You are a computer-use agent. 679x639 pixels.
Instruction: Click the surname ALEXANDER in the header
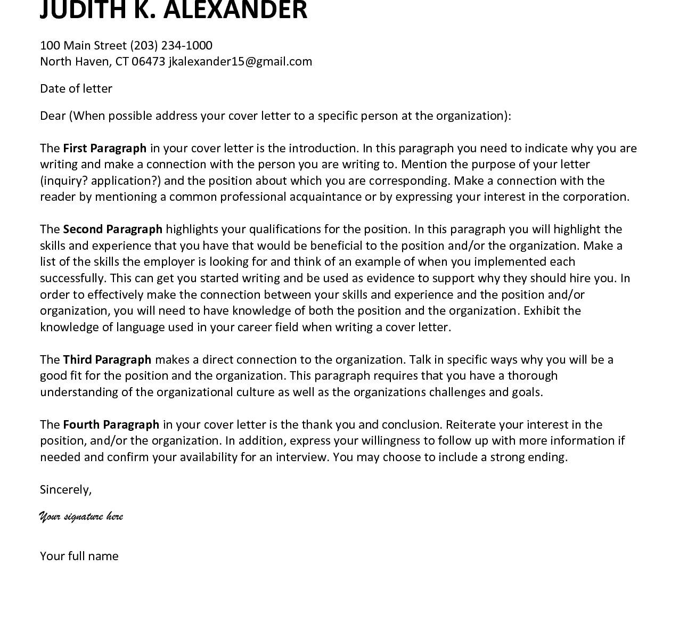234,10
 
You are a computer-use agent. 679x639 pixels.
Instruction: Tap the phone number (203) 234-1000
171,45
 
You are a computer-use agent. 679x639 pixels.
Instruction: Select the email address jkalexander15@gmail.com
240,62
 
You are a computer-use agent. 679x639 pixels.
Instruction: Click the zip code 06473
148,62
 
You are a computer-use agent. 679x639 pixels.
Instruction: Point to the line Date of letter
76,88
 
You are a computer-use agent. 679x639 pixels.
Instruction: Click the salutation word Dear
53,116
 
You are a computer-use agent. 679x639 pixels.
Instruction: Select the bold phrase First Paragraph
104,148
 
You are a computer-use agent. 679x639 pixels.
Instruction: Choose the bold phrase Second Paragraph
112,229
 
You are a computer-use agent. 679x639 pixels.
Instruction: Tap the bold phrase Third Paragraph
107,359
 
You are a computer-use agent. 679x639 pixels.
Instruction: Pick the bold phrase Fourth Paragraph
111,424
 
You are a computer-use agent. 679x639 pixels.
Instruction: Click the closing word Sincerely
66,489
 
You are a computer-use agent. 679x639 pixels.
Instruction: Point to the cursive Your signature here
81,517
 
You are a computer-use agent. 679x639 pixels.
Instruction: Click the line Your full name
79,556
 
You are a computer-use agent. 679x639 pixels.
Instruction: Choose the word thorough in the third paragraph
532,375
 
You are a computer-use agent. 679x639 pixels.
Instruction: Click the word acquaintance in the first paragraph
325,196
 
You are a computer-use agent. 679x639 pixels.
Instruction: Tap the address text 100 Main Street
83,45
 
